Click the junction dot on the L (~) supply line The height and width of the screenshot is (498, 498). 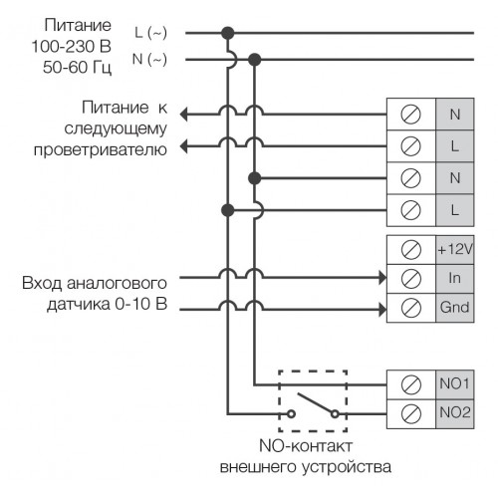(x=228, y=33)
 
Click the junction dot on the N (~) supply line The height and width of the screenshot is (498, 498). (x=255, y=60)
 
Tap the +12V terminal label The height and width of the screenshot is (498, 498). (x=455, y=249)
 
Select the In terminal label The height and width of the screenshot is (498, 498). (x=454, y=278)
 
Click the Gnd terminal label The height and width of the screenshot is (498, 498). (x=454, y=307)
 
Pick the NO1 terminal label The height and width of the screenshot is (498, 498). (x=454, y=383)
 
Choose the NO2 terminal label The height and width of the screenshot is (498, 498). (x=455, y=412)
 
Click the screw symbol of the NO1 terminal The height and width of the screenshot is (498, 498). (x=411, y=384)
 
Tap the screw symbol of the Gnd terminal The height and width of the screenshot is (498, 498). (x=411, y=308)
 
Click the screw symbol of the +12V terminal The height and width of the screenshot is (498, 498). (x=411, y=250)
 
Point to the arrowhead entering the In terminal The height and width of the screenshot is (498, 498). (x=382, y=278)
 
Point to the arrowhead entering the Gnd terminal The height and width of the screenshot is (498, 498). (x=382, y=310)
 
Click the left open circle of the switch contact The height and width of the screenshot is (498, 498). (x=291, y=414)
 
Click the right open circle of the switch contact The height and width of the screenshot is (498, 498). (x=336, y=414)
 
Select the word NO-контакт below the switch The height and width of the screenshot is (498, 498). (x=306, y=446)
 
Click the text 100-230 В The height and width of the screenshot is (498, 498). (x=72, y=47)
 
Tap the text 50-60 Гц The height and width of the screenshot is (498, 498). (x=77, y=68)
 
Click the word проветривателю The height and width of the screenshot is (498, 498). (x=101, y=149)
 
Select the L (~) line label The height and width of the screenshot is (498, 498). (x=150, y=33)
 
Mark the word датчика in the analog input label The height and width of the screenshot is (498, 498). (x=79, y=304)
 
